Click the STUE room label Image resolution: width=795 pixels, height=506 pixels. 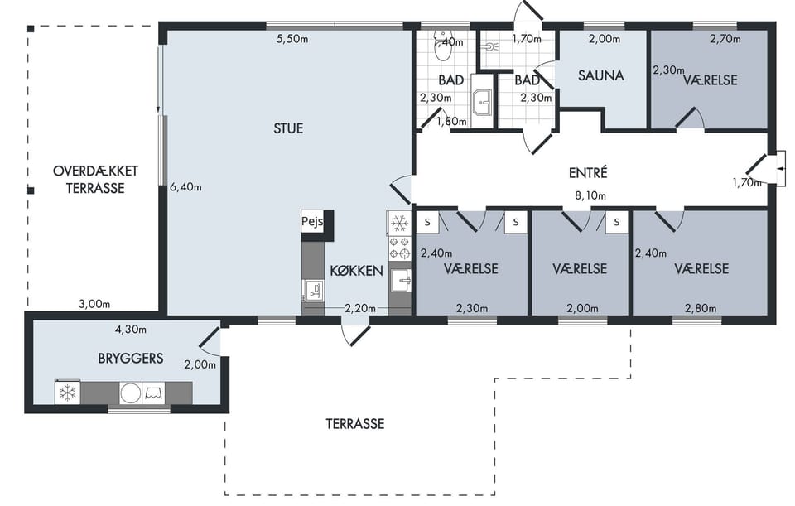click(x=288, y=128)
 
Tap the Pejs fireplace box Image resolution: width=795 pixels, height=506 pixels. click(x=312, y=222)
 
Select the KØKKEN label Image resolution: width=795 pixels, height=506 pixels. click(x=356, y=271)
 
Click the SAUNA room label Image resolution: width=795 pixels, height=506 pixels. click(x=601, y=75)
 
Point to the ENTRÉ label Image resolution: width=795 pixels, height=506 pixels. click(x=588, y=173)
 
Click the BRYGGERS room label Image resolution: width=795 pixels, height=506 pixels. click(x=131, y=359)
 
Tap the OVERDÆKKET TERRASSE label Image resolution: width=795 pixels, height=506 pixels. click(x=95, y=180)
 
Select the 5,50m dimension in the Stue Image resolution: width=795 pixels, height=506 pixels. click(x=292, y=39)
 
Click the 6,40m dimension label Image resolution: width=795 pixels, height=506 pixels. click(x=185, y=187)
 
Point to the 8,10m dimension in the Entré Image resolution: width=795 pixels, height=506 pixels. click(x=590, y=195)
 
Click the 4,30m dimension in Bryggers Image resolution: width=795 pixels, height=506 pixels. click(x=131, y=330)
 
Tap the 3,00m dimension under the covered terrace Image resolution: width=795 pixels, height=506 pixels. click(x=94, y=304)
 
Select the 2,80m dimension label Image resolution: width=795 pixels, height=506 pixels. click(x=701, y=308)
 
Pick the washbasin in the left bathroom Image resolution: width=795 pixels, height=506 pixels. click(x=482, y=103)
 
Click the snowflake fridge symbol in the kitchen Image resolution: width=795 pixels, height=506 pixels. click(x=400, y=223)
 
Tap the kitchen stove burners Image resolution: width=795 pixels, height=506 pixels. click(x=399, y=248)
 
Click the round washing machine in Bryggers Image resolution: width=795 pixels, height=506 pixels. click(x=131, y=393)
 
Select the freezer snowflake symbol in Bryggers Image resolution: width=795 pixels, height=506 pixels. click(x=67, y=393)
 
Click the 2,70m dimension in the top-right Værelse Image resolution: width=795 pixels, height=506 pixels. click(x=725, y=39)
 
